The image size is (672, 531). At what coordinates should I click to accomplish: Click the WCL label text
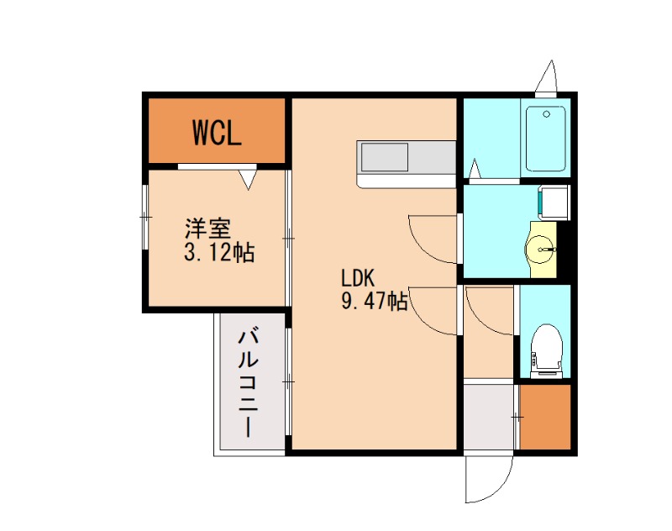(x=217, y=133)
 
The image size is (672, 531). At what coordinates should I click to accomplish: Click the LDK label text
(x=361, y=277)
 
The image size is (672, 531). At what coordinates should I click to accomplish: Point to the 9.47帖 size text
(x=374, y=301)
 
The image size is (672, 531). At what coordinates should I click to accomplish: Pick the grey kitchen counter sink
(x=384, y=158)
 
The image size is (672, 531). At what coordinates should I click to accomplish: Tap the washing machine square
(x=553, y=202)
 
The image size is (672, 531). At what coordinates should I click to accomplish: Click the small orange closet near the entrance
(x=544, y=417)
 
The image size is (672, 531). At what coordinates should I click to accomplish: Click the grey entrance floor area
(x=489, y=418)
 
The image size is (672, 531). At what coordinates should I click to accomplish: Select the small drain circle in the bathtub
(x=547, y=113)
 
